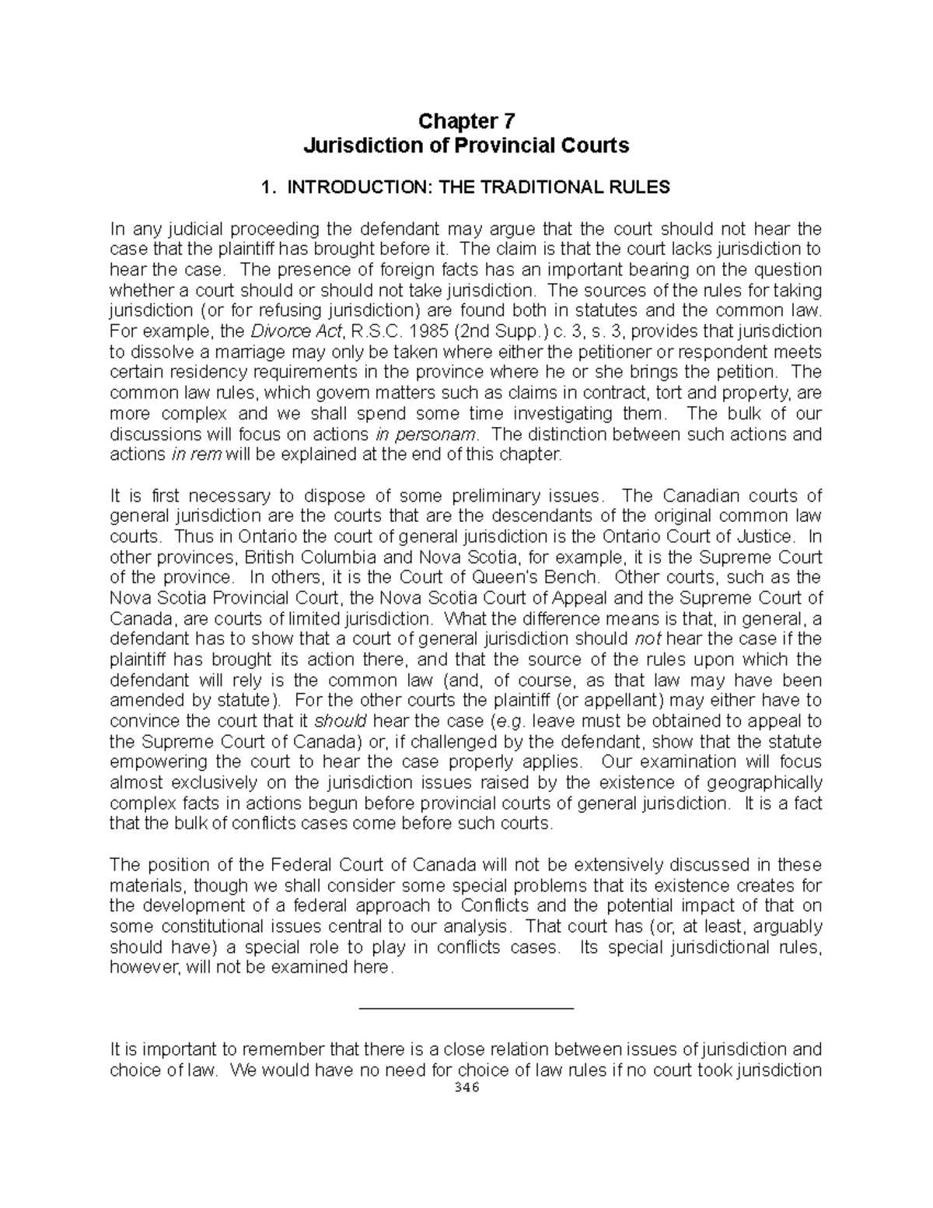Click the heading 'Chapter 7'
pyautogui.click(x=466, y=121)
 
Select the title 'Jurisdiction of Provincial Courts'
pyautogui.click(x=466, y=145)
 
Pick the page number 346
pyautogui.click(x=466, y=1088)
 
